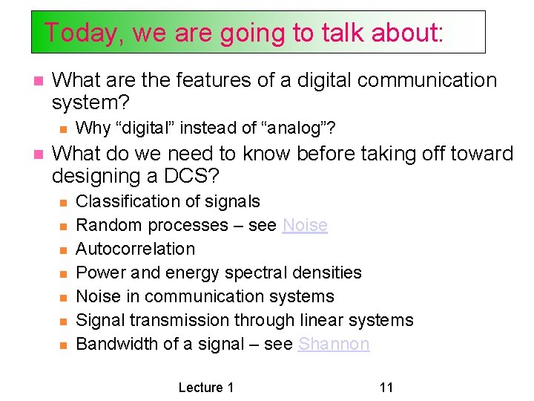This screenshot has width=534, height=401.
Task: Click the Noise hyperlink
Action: [305, 225]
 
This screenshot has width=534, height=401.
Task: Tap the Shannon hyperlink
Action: [333, 344]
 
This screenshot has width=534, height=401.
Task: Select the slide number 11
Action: [386, 387]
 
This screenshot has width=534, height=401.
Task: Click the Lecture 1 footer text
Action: [206, 387]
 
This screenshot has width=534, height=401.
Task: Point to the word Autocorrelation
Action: [136, 249]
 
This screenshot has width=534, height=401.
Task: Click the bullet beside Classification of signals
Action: [64, 202]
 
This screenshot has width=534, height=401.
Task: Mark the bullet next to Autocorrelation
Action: [64, 250]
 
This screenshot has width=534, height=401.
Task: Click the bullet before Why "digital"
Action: [64, 129]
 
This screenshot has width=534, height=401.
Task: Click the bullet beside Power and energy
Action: [64, 273]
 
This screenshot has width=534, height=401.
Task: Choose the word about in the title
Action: [410, 33]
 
